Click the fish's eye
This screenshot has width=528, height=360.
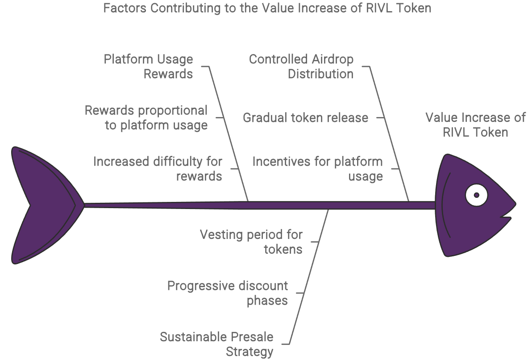pyautogui.click(x=477, y=195)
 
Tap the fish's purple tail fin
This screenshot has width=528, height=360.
pyautogui.click(x=42, y=205)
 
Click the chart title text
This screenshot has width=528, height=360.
pyautogui.click(x=267, y=8)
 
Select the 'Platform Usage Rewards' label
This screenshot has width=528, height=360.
pyautogui.click(x=149, y=67)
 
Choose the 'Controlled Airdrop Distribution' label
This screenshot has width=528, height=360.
pyautogui.click(x=301, y=67)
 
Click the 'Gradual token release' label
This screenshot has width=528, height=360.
pyautogui.click(x=305, y=118)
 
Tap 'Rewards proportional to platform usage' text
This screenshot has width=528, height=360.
pyautogui.click(x=146, y=117)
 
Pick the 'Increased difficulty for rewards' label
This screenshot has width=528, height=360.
pyautogui.click(x=158, y=168)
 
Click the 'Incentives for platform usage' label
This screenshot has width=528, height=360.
pyautogui.click(x=317, y=168)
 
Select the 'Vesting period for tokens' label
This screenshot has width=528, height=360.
pyautogui.click(x=251, y=241)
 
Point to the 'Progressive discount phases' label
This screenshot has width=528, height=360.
pyautogui.click(x=228, y=293)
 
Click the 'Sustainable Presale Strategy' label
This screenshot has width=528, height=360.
pyautogui.click(x=217, y=344)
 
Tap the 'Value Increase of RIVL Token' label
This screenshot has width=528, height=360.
pyautogui.click(x=475, y=125)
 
